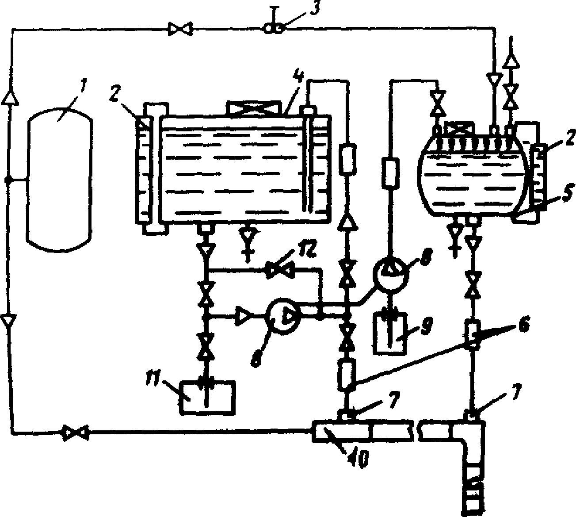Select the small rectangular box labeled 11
coord(207,397)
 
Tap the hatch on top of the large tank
coord(253,108)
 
